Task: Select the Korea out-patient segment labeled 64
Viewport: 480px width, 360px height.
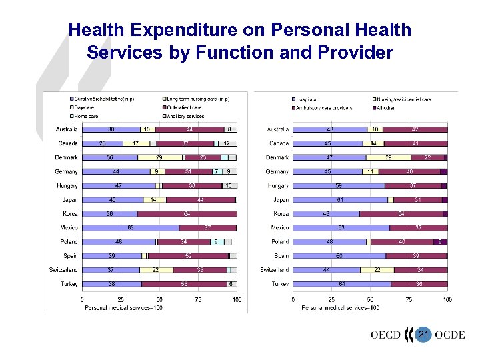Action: (x=187, y=214)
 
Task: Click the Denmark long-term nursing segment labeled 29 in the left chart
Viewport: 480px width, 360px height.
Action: (x=159, y=157)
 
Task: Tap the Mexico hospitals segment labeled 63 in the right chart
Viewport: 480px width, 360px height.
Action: (x=341, y=228)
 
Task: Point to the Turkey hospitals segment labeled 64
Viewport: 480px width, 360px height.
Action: (x=341, y=284)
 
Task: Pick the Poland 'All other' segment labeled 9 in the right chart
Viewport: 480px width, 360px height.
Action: (x=440, y=242)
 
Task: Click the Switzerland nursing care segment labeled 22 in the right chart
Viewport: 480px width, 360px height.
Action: (x=377, y=270)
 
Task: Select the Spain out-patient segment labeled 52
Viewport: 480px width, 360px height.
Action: (x=188, y=256)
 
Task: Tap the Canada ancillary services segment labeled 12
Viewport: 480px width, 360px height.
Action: (x=227, y=143)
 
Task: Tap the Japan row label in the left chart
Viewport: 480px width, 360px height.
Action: (x=69, y=200)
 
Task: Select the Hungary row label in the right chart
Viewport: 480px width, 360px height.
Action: (x=278, y=186)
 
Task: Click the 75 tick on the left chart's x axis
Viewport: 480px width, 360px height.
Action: (x=198, y=300)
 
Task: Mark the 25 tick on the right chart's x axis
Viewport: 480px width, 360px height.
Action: (x=331, y=300)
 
